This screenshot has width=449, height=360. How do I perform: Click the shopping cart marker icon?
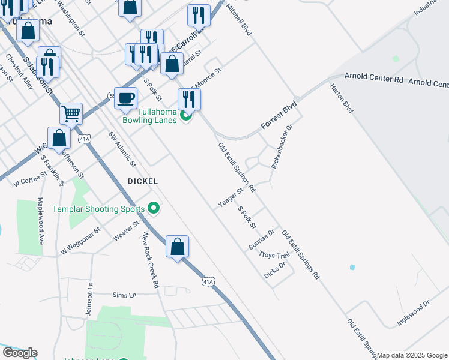(71, 112)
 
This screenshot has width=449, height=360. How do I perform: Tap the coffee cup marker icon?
(125, 98)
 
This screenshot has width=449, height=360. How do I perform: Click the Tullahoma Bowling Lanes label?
(149, 116)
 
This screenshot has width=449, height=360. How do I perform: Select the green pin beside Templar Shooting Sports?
(154, 209)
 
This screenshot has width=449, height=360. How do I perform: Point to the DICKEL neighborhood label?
(143, 181)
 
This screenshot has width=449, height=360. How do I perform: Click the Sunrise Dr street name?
(262, 239)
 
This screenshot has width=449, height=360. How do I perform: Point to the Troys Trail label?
(274, 255)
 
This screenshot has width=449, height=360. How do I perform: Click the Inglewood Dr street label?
(414, 313)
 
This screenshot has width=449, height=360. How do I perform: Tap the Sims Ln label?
(125, 295)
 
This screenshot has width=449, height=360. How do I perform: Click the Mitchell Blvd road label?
(237, 20)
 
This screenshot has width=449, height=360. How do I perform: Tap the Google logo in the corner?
(20, 353)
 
